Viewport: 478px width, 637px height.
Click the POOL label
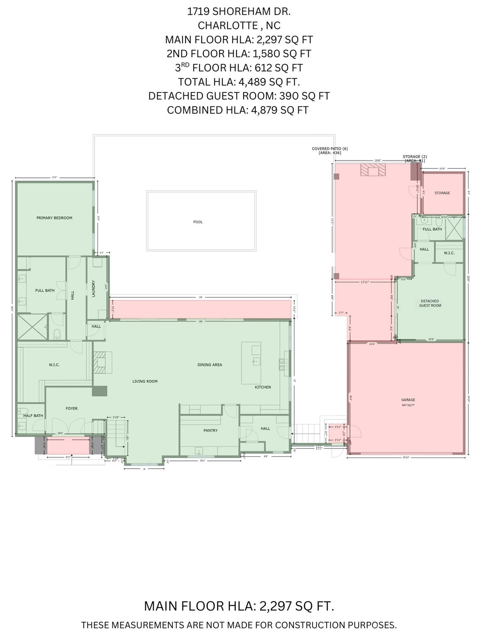coord(198,222)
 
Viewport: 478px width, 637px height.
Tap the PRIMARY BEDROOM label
coord(54,218)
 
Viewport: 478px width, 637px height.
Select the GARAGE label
coord(408,400)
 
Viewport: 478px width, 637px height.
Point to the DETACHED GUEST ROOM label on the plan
coord(429,303)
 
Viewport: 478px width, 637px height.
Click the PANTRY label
coord(210,430)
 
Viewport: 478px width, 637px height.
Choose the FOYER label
coord(71,408)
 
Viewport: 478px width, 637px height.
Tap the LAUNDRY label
coord(94,288)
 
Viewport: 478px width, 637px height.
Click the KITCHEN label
coord(263,387)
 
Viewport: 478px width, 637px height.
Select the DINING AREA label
coord(210,365)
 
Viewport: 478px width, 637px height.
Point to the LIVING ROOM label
coord(145,381)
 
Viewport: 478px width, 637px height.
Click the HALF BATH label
coord(33,416)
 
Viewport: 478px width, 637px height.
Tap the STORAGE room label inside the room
coord(442,193)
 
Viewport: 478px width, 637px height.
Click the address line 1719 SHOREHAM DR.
coord(239,11)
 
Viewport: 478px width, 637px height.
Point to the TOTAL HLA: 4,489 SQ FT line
coord(239,82)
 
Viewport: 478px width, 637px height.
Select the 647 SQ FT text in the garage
coord(408,405)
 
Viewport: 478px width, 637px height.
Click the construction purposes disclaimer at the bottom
coord(239,625)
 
